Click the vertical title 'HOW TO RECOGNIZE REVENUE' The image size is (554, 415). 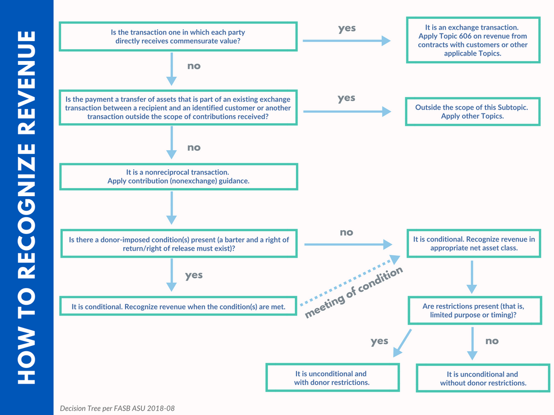click(27, 207)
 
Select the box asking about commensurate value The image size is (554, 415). click(178, 37)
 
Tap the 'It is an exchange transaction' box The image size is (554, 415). click(472, 41)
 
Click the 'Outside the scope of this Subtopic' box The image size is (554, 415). click(472, 112)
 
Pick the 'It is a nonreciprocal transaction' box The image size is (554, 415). click(178, 177)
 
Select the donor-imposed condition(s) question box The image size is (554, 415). click(178, 244)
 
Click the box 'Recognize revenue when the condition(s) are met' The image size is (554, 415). click(178, 306)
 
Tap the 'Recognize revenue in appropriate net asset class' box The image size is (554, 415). click(473, 244)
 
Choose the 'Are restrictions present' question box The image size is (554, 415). click(474, 310)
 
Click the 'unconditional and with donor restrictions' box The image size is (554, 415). click(332, 378)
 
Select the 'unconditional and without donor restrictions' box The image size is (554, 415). click(483, 378)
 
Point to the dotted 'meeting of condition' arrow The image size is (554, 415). click(346, 281)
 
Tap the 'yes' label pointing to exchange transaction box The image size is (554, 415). click(347, 29)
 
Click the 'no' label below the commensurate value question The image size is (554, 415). click(194, 66)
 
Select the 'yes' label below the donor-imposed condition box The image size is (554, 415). click(194, 275)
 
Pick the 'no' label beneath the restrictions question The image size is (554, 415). click(492, 341)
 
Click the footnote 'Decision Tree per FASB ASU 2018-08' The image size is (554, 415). click(117, 408)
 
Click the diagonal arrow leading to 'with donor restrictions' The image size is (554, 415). click(401, 343)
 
